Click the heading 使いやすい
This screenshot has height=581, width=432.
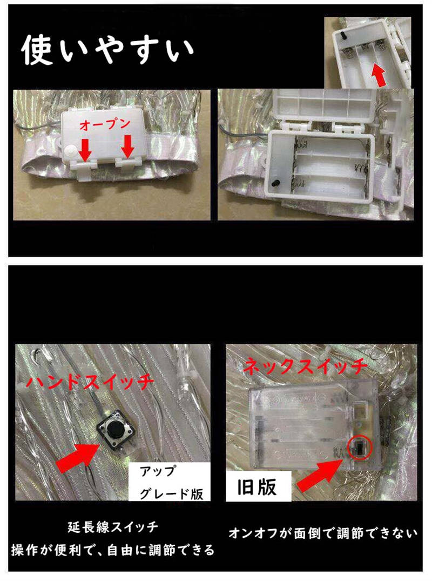point(107,50)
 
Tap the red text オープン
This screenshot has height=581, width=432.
point(104,124)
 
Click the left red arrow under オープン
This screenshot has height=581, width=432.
point(86,150)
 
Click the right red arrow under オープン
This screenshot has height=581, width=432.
point(127,146)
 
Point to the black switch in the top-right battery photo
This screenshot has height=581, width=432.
point(342,36)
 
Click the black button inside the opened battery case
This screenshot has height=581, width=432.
point(275,183)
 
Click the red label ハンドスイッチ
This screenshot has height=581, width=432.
point(90,380)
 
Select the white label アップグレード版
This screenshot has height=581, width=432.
point(170,482)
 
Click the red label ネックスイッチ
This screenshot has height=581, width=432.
point(306,366)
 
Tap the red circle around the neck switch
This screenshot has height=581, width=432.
point(360,448)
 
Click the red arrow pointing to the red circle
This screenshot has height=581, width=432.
point(321,474)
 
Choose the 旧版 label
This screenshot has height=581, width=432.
point(258,486)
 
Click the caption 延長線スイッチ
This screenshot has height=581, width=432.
point(113,527)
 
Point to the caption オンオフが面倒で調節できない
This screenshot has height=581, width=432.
point(323,533)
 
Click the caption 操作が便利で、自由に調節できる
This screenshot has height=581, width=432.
point(113,550)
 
